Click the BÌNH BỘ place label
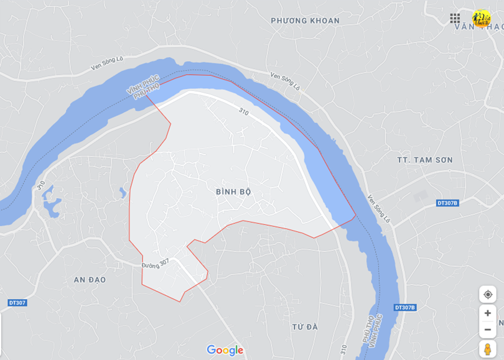point(233,192)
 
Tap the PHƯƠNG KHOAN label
point(305,21)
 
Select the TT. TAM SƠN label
point(425,160)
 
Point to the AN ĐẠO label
point(90,280)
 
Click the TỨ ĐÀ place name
point(304,327)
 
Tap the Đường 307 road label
point(155,264)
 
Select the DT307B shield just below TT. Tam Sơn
point(447,203)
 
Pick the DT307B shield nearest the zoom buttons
point(404,308)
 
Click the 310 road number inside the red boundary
point(243,112)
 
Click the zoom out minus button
point(487,330)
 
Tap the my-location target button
point(487,294)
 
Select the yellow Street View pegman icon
point(487,349)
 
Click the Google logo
point(225,351)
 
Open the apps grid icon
point(455,19)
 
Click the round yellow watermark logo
point(481,18)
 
